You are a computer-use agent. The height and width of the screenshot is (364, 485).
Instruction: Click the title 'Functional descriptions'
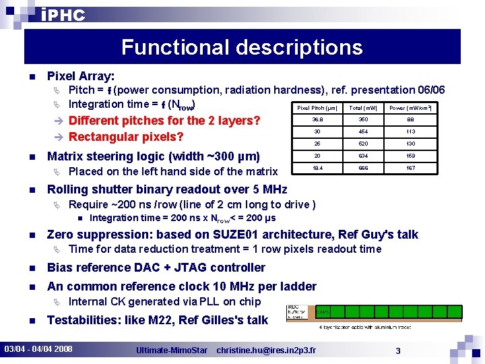pyautogui.click(x=242, y=47)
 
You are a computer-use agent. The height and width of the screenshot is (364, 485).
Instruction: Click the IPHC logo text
pyautogui.click(x=63, y=16)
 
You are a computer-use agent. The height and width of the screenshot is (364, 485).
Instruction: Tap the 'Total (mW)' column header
pyautogui.click(x=363, y=108)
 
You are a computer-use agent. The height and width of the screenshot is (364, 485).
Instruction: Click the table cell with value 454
pyautogui.click(x=363, y=131)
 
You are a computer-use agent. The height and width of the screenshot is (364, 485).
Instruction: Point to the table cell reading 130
pyautogui.click(x=410, y=144)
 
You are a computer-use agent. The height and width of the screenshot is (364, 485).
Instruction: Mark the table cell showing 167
pyautogui.click(x=410, y=168)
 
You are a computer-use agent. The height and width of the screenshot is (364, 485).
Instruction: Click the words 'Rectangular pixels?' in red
pyautogui.click(x=126, y=137)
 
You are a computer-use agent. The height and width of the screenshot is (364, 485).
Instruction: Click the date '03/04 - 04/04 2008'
pyautogui.click(x=39, y=349)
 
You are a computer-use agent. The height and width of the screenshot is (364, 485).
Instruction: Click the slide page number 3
pyautogui.click(x=398, y=350)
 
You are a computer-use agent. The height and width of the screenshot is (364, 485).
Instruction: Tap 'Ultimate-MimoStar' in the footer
pyautogui.click(x=171, y=350)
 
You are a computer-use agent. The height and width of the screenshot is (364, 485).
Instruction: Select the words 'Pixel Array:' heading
pyautogui.click(x=81, y=77)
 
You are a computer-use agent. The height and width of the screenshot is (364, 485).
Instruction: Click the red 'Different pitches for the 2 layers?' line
pyautogui.click(x=164, y=121)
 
